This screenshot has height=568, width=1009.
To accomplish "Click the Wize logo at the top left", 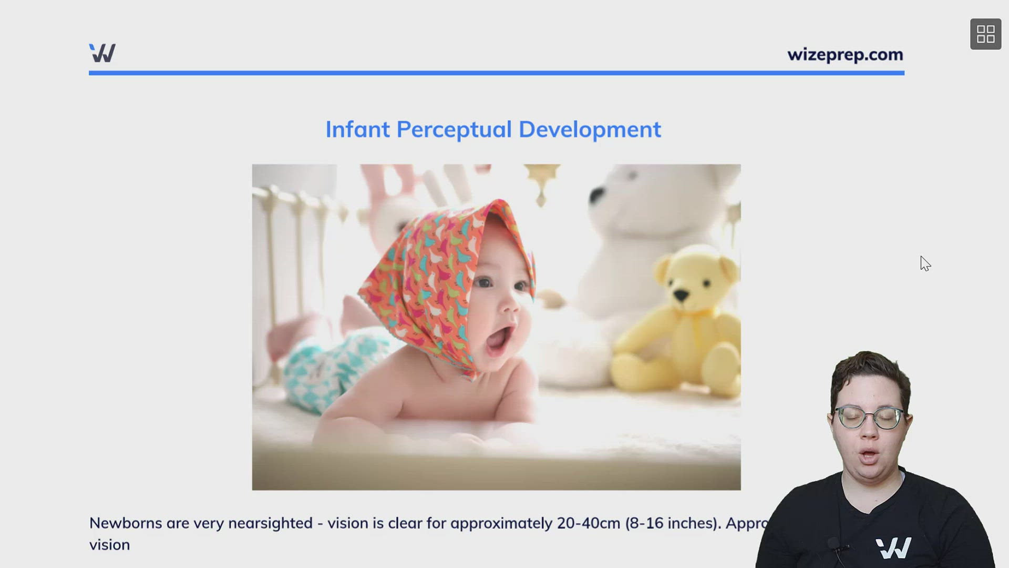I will click(102, 53).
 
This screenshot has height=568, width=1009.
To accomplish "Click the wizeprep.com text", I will click(845, 55).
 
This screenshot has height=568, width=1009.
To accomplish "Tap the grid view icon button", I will click(985, 34).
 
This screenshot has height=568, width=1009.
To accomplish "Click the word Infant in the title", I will click(357, 129).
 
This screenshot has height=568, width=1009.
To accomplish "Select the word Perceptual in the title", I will click(454, 129).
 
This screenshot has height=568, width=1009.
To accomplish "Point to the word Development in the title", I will click(590, 129).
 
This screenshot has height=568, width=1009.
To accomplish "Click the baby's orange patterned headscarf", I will click(436, 273).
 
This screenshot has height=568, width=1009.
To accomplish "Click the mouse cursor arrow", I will click(925, 263).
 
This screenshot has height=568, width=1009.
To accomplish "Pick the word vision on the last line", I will click(109, 545).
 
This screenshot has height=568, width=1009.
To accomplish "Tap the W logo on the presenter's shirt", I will click(893, 548).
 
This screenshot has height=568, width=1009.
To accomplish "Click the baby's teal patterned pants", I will click(326, 368).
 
